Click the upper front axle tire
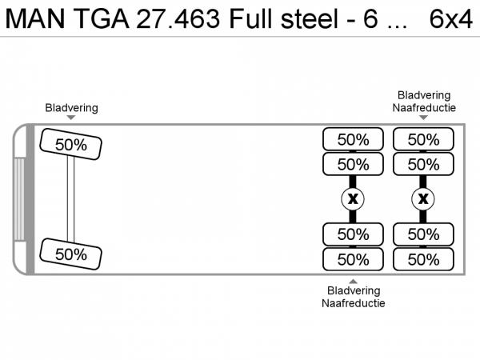coord(71,145)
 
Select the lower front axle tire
coord(71,254)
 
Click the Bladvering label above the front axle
coord(71,107)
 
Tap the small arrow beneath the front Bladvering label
coord(71,118)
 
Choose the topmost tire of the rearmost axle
coord(423,139)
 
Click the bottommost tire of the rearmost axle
coord(423,259)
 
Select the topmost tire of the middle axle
coord(353,139)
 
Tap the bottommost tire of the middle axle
coord(353,259)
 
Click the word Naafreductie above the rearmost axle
coord(424,106)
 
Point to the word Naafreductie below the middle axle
coord(353,303)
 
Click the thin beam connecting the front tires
coord(71,199)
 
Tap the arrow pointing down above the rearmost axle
coord(424,118)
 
